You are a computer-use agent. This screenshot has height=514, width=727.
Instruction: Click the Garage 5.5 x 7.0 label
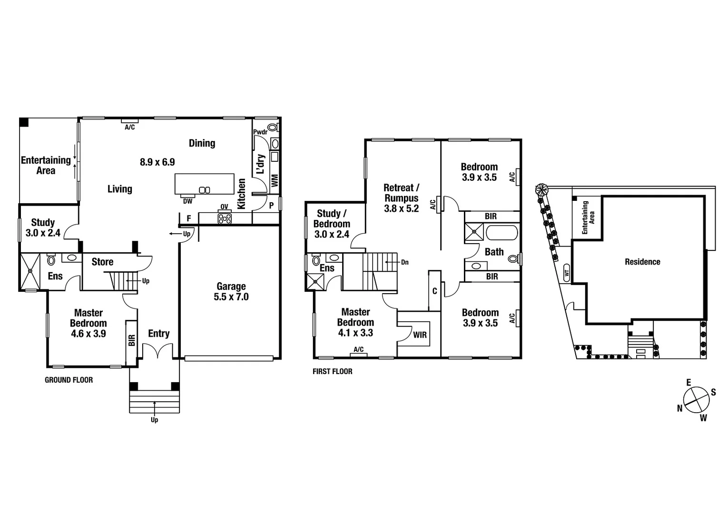[231, 291]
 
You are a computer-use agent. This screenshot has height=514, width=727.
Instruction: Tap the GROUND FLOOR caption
[69, 380]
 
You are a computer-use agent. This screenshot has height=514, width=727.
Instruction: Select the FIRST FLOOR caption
[332, 371]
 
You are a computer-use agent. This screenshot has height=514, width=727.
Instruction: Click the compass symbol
[696, 400]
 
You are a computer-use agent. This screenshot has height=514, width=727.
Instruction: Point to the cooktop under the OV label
[225, 218]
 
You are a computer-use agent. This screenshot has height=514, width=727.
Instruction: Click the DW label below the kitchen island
[187, 201]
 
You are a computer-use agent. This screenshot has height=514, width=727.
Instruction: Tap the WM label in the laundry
[275, 180]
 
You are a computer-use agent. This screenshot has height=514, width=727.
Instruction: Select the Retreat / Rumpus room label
[401, 198]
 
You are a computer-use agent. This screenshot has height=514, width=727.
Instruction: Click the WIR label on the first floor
[420, 335]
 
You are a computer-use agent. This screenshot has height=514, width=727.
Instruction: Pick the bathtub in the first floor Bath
[501, 233]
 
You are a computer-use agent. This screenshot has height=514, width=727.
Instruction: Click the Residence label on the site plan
[642, 262]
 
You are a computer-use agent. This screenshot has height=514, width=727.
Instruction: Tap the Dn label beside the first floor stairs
[404, 262]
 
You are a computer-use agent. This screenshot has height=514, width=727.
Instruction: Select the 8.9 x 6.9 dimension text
[157, 162]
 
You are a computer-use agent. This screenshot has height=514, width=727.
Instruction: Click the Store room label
[102, 262]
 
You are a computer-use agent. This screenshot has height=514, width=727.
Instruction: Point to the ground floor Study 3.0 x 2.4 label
[43, 227]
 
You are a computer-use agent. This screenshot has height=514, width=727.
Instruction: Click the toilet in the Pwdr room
[273, 128]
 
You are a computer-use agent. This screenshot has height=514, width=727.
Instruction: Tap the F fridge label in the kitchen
[189, 219]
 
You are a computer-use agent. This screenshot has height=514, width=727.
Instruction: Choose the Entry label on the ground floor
[158, 334]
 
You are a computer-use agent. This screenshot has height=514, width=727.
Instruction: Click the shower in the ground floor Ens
[30, 271]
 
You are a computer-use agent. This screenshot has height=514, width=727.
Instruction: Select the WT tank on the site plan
[566, 274]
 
